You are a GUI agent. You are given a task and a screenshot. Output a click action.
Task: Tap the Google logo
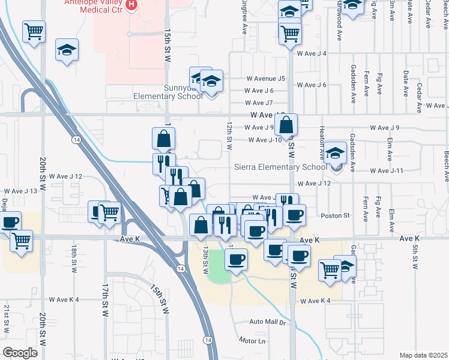tap(20, 352)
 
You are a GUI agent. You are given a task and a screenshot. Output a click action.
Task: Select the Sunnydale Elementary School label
tap(168, 95)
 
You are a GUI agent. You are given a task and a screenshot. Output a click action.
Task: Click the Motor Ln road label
tap(252, 340)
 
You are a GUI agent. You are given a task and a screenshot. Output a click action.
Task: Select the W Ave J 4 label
tap(312, 53)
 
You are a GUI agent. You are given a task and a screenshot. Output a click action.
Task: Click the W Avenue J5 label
tap(265, 79)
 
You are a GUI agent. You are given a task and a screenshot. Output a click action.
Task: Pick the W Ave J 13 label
tap(22, 191)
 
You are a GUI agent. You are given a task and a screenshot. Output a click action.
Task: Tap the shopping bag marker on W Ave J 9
tap(287, 125)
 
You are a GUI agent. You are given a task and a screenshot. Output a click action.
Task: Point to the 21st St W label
tap(7, 318)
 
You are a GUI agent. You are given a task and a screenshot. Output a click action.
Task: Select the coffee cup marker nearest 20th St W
tap(10, 223)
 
